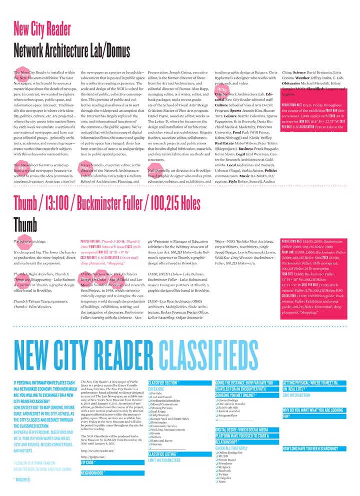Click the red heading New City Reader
tap(42, 29)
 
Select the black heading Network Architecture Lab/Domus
tap(71, 50)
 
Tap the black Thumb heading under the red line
tap(25, 224)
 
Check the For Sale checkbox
tap(149, 394)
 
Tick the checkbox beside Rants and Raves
tap(149, 440)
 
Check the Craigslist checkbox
tap(216, 478)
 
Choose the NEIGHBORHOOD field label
tap(93, 473)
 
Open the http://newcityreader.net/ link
tap(97, 451)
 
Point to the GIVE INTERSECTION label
tap(296, 395)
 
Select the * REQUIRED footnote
tap(22, 480)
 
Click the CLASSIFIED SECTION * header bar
tap(164, 383)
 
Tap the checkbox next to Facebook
tap(216, 471)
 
